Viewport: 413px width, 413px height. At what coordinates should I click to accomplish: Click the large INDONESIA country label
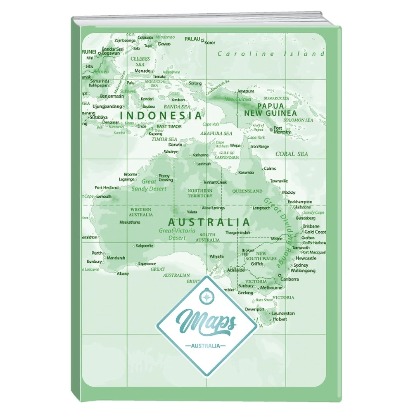pos(161,115)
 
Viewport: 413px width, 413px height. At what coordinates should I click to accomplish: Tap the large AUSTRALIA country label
pos(209,222)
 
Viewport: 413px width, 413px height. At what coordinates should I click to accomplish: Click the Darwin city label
pos(176,145)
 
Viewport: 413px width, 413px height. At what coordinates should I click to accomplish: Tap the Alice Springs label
pos(213,208)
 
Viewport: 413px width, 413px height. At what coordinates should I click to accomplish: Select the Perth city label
pos(97,253)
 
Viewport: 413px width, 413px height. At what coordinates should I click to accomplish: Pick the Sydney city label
pos(301,265)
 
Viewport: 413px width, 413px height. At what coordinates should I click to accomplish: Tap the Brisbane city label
pos(311,226)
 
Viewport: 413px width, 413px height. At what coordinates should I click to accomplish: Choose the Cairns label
pos(270,169)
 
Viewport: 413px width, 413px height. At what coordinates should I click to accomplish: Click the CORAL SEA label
pos(292,154)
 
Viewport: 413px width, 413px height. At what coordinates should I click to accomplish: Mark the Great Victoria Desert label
pos(177,234)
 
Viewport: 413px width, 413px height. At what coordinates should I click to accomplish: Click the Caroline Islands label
pos(271,54)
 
